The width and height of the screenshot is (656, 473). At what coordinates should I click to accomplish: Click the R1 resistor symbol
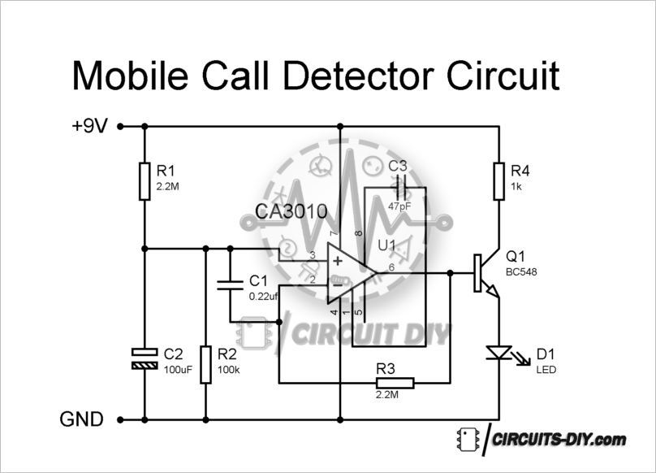145,181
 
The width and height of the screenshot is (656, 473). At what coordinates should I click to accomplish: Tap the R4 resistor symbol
498,181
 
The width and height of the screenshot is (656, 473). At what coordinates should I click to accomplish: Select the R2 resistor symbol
205,364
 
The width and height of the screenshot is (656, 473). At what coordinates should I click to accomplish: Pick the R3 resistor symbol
395,383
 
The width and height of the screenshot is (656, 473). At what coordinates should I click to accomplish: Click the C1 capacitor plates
230,285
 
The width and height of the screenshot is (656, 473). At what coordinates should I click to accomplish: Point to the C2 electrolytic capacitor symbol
145,359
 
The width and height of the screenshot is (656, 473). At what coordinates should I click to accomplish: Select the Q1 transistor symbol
486,273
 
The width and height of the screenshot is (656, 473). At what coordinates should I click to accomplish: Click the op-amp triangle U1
352,273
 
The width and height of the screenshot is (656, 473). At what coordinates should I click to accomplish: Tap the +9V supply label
89,125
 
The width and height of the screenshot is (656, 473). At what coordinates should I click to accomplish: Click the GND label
81,419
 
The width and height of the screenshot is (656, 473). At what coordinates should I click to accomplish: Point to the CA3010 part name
291,211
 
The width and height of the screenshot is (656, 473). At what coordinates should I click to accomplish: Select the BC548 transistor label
521,272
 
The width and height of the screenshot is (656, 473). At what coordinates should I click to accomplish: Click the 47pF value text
399,206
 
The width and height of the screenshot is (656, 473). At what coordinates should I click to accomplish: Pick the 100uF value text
178,370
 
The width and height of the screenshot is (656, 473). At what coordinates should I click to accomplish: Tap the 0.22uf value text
264,296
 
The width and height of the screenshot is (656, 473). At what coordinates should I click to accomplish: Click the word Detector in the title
359,76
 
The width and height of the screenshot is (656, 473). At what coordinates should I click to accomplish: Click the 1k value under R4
516,186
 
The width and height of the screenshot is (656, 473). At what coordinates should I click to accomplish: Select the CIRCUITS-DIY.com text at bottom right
559,440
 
